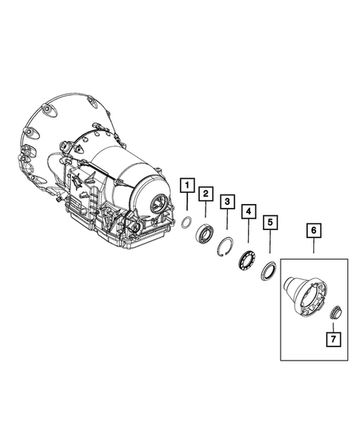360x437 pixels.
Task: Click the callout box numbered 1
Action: [187, 185]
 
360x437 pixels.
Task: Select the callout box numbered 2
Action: [206, 194]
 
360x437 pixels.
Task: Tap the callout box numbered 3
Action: [227, 202]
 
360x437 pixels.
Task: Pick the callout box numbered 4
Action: [249, 211]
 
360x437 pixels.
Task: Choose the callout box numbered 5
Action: [270, 223]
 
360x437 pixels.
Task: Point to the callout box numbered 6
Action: [314, 231]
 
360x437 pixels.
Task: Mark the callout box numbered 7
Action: [333, 340]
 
